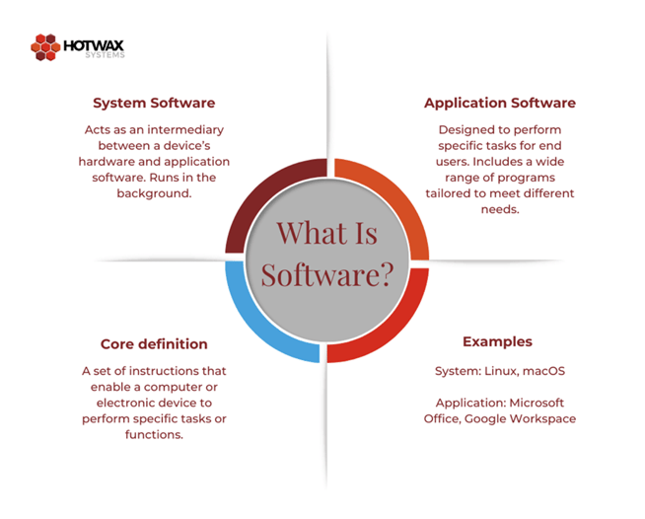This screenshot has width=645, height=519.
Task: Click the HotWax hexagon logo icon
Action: click(45, 46)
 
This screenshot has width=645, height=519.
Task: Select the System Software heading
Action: click(154, 103)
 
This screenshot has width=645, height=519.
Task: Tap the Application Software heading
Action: click(499, 103)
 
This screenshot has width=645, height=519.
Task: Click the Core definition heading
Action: click(154, 344)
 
